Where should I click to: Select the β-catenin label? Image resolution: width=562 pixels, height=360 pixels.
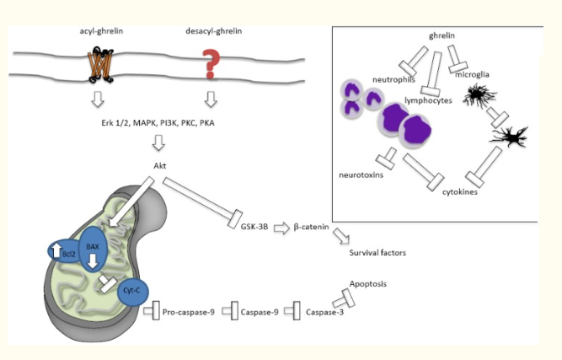[309, 226]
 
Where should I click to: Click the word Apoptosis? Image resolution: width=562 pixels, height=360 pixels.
[367, 284]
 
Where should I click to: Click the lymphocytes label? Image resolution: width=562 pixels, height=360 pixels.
[431, 99]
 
